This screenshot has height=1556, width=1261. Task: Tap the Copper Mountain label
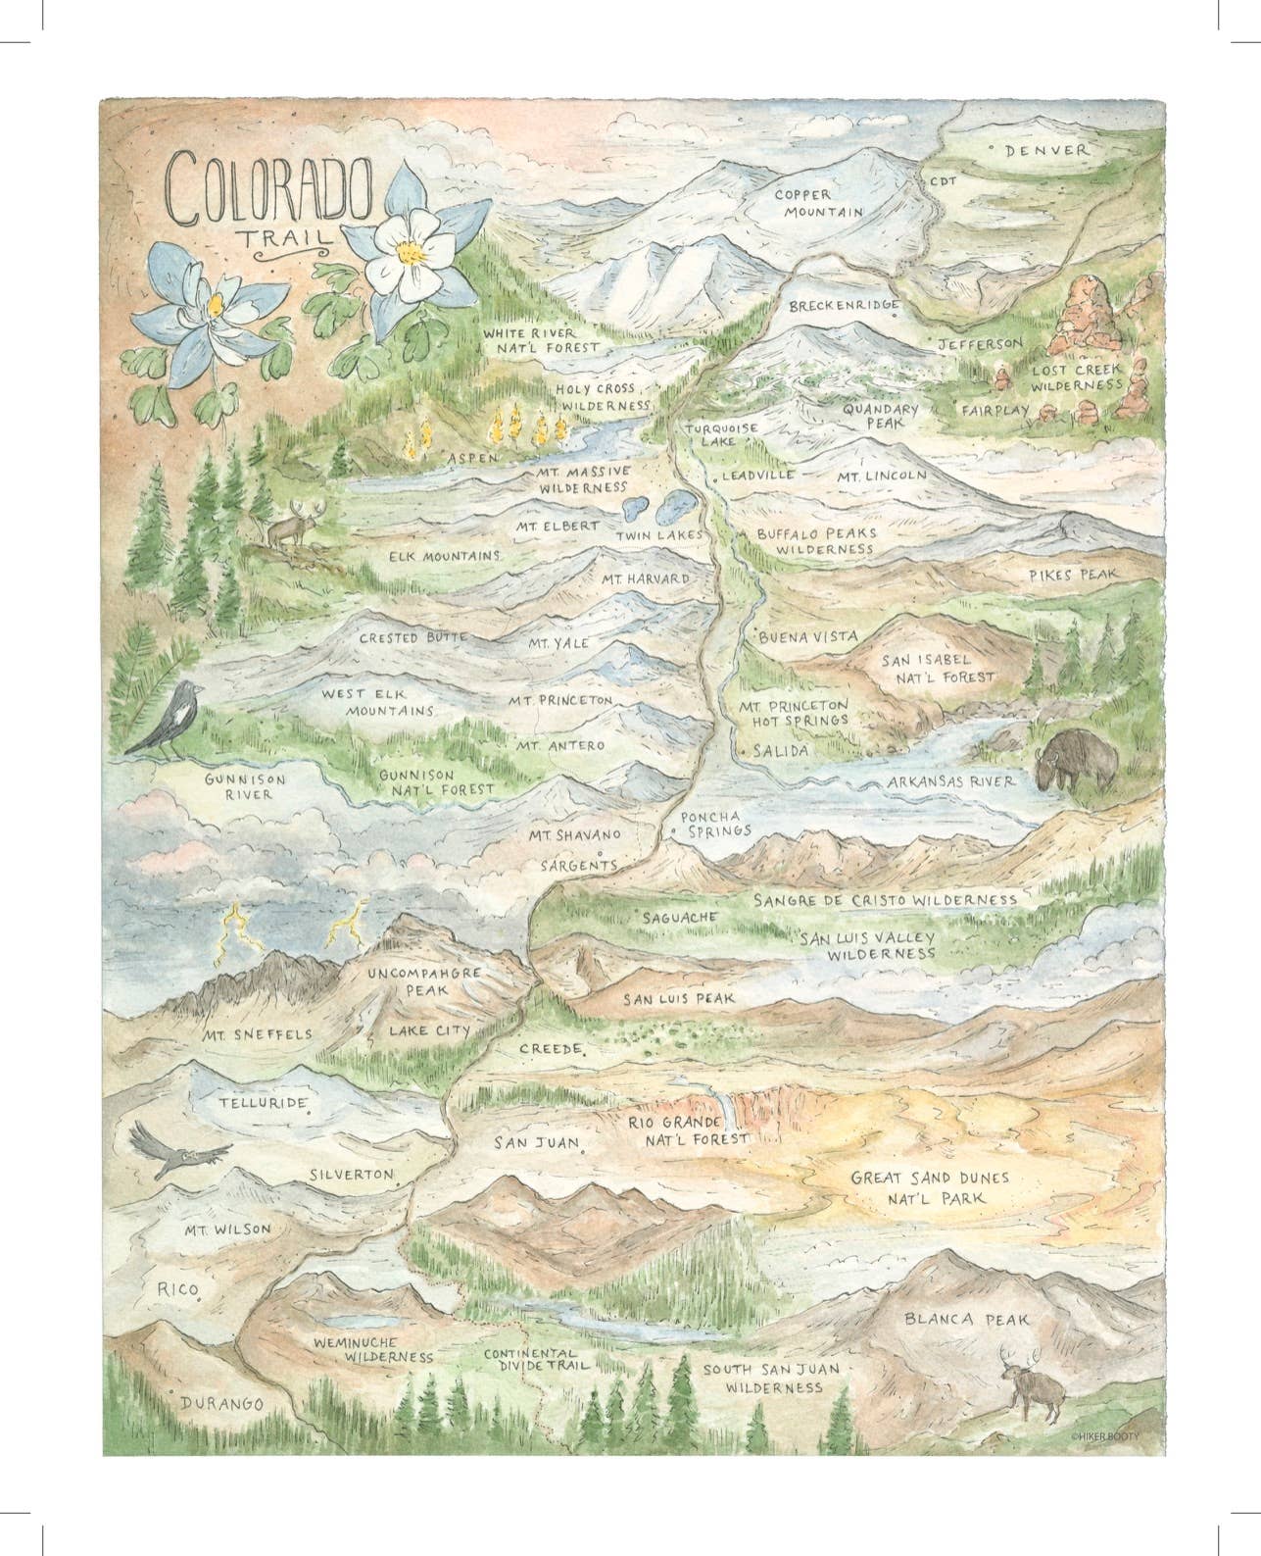(817, 203)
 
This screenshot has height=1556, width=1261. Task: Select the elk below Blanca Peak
(1032, 1382)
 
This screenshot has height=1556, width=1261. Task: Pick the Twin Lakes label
(660, 534)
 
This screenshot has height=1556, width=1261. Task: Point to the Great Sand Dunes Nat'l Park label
(929, 1187)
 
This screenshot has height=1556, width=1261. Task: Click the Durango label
(221, 1404)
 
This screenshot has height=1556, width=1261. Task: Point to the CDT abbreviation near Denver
(942, 180)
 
